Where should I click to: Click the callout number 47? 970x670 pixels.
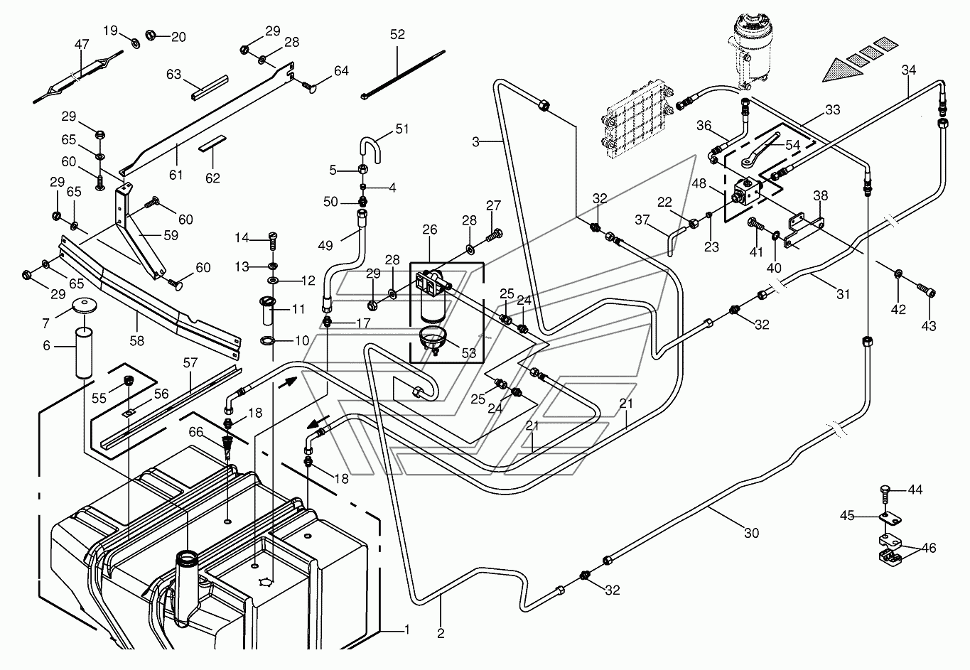click(82, 44)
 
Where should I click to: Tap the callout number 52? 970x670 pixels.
click(397, 34)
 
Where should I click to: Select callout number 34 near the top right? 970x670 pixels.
click(908, 70)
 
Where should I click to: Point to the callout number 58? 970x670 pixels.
click(137, 341)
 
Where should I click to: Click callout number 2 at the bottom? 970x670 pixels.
click(441, 633)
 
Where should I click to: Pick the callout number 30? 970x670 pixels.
click(751, 533)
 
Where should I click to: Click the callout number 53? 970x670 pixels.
click(468, 353)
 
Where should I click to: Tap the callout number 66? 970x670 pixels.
click(195, 432)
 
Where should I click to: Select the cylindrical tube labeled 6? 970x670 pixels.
click(84, 353)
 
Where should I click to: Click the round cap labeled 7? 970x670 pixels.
click(84, 305)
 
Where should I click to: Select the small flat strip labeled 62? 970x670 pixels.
click(212, 144)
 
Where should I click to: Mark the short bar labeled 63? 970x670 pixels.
click(210, 88)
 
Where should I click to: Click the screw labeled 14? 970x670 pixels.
click(273, 240)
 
